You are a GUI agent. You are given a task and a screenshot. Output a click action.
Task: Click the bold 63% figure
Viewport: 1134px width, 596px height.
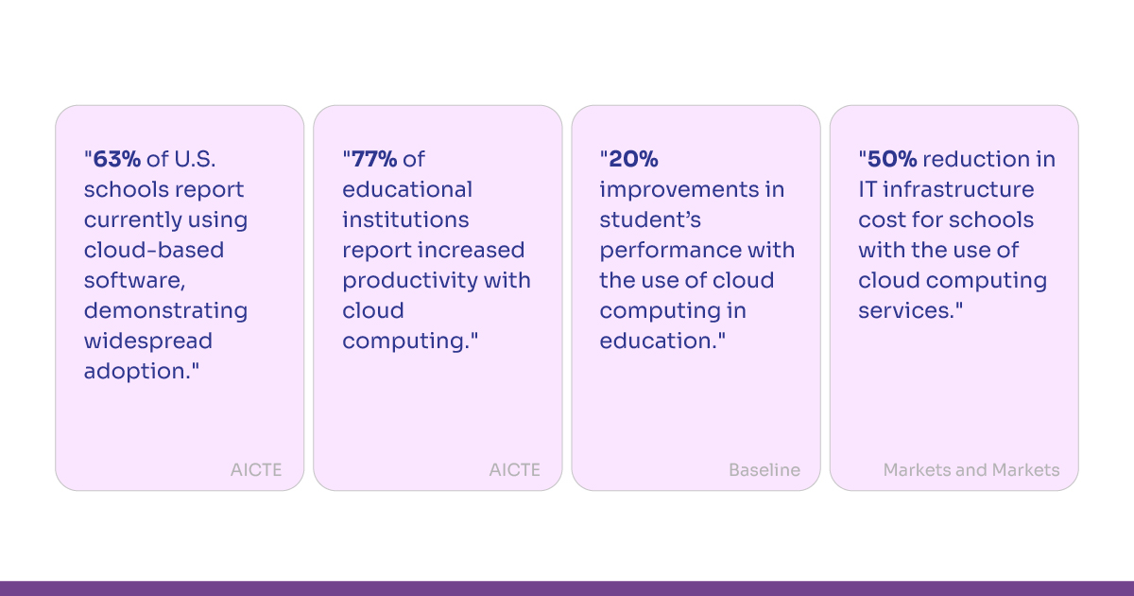tap(117, 159)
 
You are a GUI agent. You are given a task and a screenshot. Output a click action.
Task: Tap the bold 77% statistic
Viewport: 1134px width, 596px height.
tap(374, 159)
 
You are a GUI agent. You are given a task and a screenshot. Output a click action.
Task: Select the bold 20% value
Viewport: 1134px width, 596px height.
tap(633, 159)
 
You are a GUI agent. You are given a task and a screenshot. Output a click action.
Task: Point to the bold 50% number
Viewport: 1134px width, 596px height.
tap(892, 159)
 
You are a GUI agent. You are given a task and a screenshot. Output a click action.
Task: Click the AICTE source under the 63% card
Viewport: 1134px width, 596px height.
tap(256, 470)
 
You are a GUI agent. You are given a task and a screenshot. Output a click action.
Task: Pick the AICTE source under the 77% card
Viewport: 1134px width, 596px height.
tap(514, 470)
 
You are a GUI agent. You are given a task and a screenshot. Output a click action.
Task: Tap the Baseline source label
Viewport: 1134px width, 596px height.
tap(765, 470)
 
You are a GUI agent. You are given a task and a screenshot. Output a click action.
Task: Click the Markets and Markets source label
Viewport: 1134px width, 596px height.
tap(971, 470)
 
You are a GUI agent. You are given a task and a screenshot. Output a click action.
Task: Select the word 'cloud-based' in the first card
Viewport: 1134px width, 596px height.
tap(154, 250)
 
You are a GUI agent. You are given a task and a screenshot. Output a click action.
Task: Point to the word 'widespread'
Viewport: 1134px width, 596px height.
tap(148, 341)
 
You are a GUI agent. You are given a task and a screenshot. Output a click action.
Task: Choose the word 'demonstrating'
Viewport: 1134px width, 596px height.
tap(165, 311)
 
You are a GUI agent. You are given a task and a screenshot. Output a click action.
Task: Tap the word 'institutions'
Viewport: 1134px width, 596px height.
tap(405, 219)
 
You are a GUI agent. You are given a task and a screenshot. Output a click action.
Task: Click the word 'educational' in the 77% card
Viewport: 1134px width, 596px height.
tap(407, 189)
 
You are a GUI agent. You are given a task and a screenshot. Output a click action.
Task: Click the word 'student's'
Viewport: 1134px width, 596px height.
tap(650, 219)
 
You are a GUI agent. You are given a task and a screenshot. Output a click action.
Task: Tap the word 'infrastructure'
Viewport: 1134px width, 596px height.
tap(958, 189)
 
